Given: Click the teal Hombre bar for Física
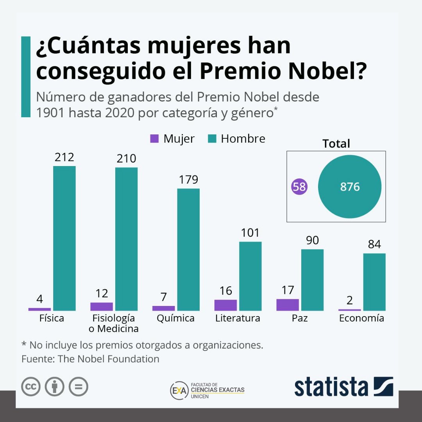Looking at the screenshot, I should [64, 238].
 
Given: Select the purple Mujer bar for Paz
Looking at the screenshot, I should [288, 305].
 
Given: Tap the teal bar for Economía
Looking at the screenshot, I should [374, 282].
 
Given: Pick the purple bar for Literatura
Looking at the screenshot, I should [225, 305].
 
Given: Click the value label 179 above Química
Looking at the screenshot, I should [188, 180].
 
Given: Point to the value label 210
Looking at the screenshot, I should [126, 159].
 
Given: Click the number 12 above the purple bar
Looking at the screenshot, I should [102, 293].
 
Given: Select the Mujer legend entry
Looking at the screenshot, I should [172, 139].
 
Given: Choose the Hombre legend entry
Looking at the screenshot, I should [236, 139].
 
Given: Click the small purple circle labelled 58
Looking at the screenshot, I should [299, 187].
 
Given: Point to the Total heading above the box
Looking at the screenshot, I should [336, 143].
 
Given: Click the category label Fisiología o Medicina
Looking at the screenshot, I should [113, 323].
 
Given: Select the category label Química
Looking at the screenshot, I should [175, 318].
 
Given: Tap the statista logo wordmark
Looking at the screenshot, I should [331, 387].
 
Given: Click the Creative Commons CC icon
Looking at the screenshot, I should [31, 387].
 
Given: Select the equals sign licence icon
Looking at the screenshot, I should [79, 387].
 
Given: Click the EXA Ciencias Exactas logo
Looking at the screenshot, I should [207, 390].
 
